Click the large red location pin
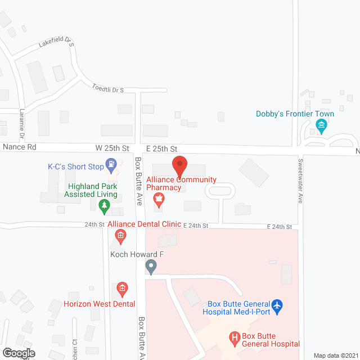click(179, 166)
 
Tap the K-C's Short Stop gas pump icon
click(112, 165)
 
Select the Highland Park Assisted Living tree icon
click(103, 208)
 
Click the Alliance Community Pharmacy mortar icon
click(159, 199)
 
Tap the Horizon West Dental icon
click(121, 290)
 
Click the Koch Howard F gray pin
click(151, 267)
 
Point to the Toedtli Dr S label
click(107, 87)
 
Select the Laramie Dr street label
click(22, 124)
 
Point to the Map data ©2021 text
click(335, 355)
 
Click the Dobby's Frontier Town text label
click(295, 114)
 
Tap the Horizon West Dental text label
click(99, 304)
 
